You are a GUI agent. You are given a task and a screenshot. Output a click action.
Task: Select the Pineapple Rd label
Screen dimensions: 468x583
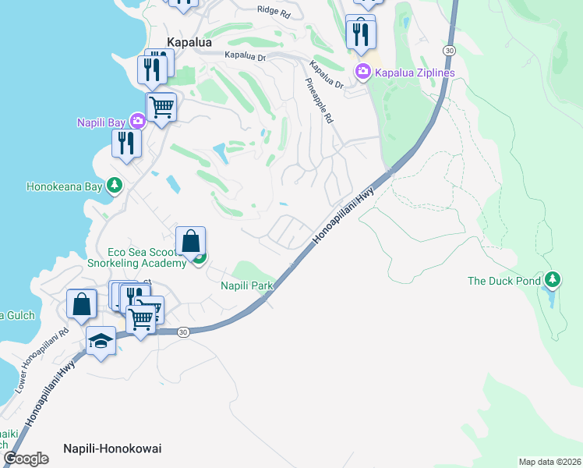(320, 101)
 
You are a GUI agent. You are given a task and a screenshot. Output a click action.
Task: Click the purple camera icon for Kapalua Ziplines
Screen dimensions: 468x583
(363, 73)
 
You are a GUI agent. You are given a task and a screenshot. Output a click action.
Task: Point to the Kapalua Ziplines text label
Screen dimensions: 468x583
(415, 73)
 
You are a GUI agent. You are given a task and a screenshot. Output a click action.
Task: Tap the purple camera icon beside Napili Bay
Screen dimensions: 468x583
(138, 121)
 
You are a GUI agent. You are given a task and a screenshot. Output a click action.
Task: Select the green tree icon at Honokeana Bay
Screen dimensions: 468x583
(115, 185)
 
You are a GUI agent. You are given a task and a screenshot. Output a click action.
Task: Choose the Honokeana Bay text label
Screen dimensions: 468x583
(65, 186)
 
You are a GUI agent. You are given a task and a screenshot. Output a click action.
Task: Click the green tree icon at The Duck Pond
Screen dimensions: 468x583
(553, 278)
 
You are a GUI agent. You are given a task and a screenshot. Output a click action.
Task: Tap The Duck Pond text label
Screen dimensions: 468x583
(503, 281)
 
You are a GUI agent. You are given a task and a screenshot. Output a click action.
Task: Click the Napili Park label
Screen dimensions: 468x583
(247, 286)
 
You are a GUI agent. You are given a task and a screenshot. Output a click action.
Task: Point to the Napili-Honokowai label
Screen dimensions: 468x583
(112, 448)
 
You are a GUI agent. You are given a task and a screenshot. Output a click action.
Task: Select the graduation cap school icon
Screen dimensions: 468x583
(101, 340)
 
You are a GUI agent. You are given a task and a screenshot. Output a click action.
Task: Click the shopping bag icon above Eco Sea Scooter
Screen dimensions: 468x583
(190, 241)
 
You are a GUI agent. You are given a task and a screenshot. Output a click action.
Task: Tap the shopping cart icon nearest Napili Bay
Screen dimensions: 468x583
(161, 106)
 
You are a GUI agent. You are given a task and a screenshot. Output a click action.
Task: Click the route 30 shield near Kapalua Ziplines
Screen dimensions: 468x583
(448, 49)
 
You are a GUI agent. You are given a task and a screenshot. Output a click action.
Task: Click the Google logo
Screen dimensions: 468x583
(26, 458)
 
